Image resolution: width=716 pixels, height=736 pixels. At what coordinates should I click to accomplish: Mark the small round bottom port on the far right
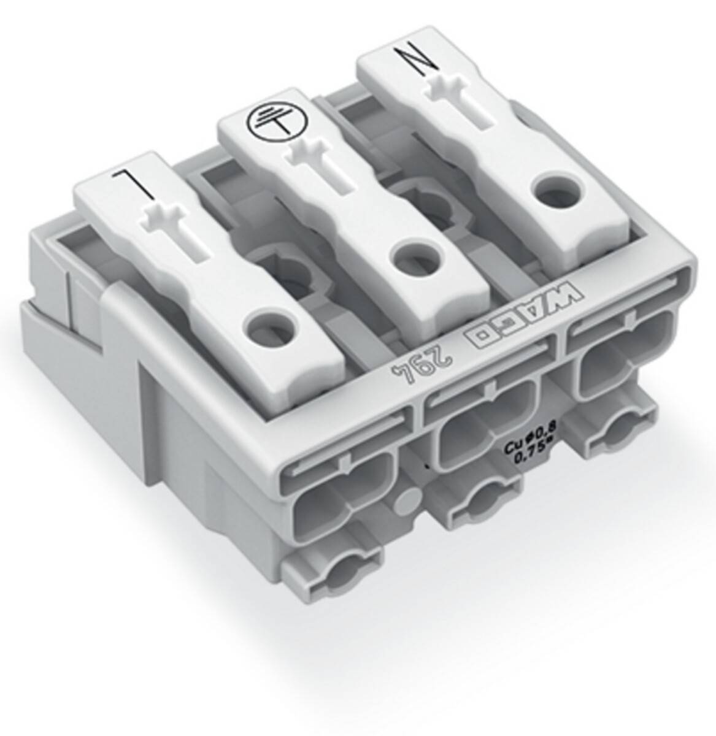coord(613,437)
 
